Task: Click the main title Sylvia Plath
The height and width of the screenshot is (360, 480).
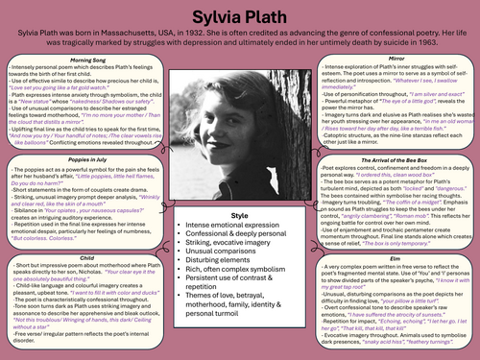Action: pyautogui.click(x=240, y=12)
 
